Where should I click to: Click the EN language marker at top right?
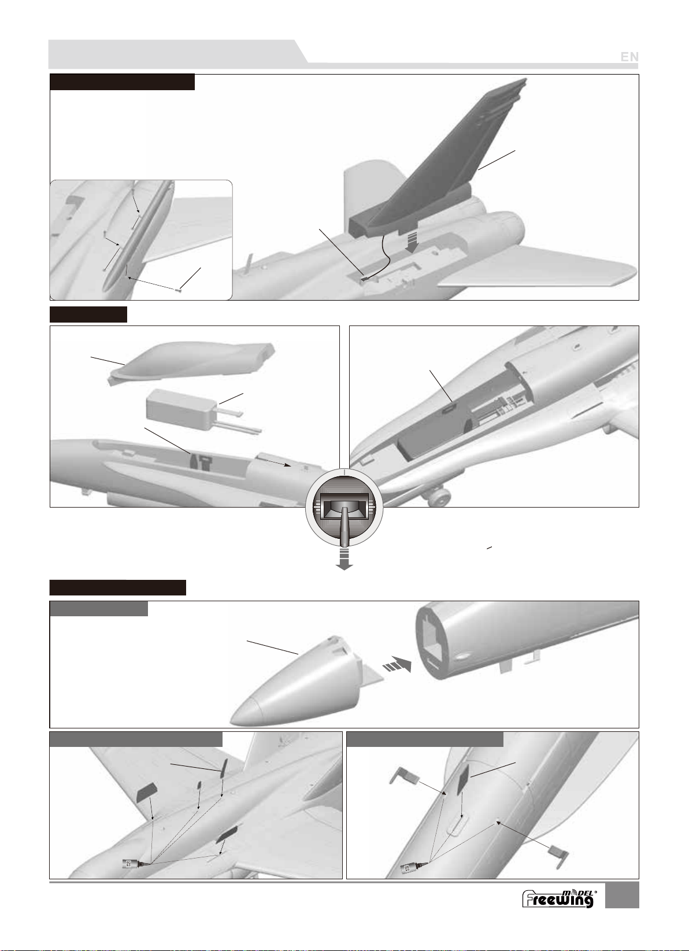(x=629, y=57)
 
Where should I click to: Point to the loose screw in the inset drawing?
(x=179, y=290)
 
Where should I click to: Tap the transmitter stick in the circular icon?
(x=344, y=526)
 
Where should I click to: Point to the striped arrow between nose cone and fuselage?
(x=397, y=664)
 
